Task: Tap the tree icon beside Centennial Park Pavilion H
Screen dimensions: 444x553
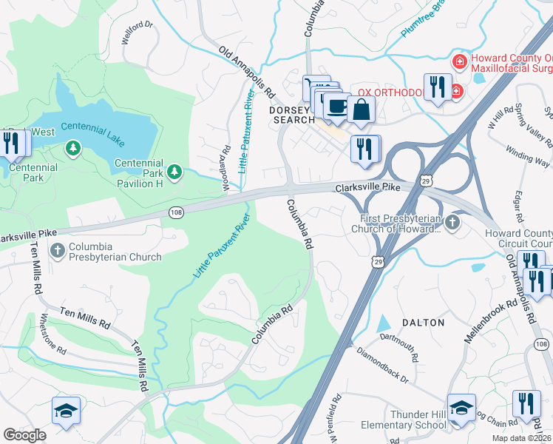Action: click(174, 172)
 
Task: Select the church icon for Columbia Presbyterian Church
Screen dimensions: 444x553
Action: click(57, 251)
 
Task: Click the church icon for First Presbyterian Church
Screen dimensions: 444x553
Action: click(452, 223)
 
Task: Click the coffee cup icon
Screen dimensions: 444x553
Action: click(336, 106)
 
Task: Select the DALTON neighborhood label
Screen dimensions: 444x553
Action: click(423, 323)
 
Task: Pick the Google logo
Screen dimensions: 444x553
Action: click(24, 434)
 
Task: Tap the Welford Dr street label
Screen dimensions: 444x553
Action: click(138, 34)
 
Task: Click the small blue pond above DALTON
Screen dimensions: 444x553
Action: click(383, 323)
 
